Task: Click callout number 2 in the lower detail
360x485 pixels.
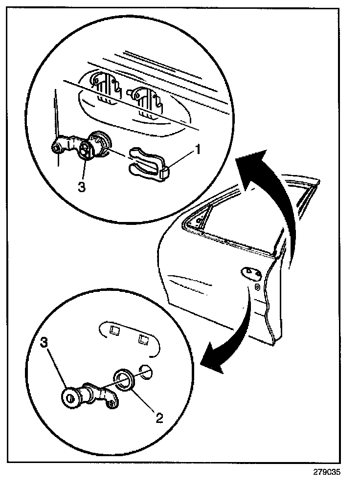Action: pyautogui.click(x=159, y=418)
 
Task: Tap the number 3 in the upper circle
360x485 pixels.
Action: pyautogui.click(x=82, y=187)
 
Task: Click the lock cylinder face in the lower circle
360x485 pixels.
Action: pyautogui.click(x=72, y=397)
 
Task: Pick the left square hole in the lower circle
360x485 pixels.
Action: pyautogui.click(x=115, y=331)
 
